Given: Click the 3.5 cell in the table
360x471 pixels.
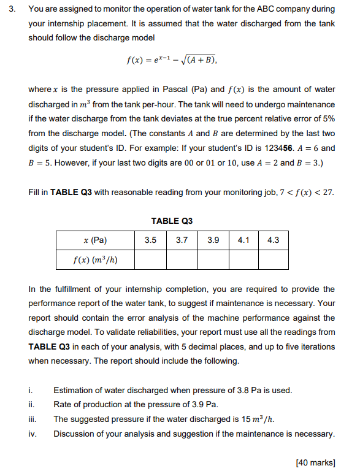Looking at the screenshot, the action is (150, 240).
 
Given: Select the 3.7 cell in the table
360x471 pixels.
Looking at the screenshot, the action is (182, 240).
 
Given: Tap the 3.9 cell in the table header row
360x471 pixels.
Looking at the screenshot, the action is (213, 240).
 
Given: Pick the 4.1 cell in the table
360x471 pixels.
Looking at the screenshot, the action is (243, 240).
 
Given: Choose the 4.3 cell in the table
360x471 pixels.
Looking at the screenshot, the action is (274, 240).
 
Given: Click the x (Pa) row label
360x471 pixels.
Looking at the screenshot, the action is (95, 240).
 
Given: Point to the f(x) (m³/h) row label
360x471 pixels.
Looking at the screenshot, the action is (95, 259).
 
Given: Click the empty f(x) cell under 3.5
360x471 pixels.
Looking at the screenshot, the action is (150, 259).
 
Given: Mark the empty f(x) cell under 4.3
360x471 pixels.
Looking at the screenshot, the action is (274, 259).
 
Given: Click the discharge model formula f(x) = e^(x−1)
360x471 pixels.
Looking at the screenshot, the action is (171, 61).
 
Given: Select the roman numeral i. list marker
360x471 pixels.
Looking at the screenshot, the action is (30, 390).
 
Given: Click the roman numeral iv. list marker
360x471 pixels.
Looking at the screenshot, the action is (32, 434).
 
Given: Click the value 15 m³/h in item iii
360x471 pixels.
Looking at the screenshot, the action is (256, 419).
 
